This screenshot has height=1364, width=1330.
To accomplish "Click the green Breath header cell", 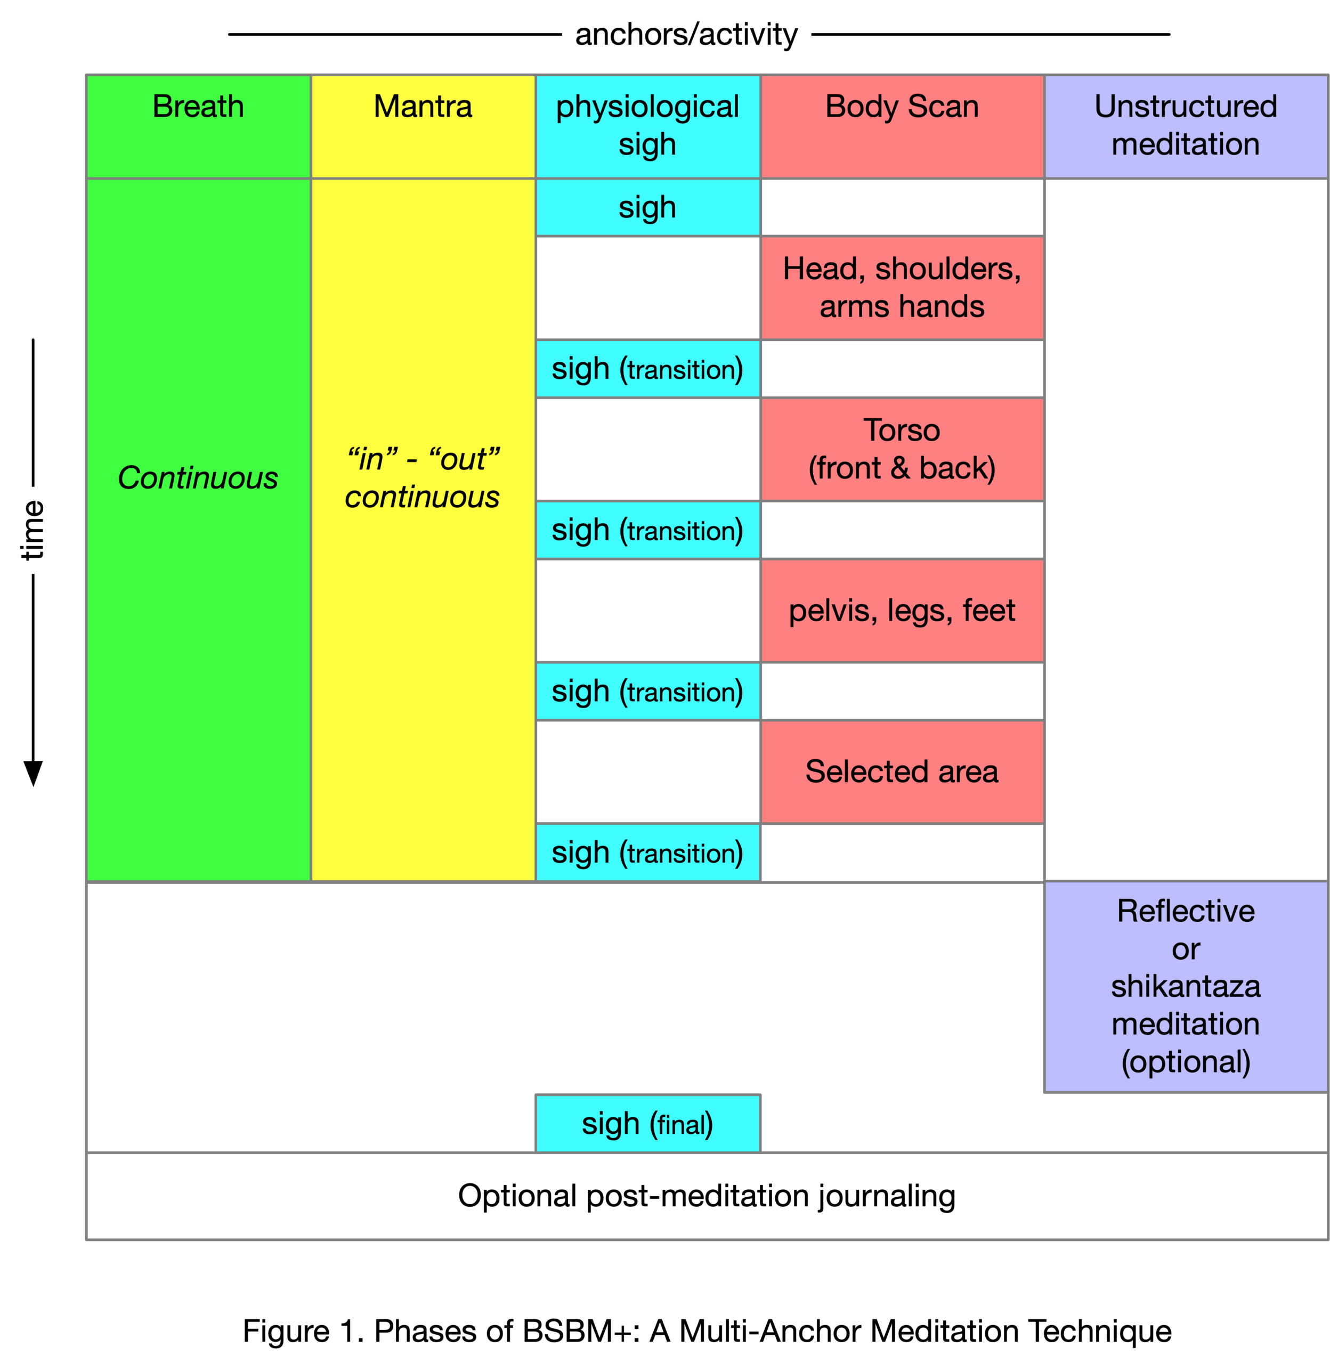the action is [x=198, y=126].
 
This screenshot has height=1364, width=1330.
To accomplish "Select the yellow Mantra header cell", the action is [x=423, y=126].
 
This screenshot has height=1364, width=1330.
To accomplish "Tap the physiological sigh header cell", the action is [x=647, y=126].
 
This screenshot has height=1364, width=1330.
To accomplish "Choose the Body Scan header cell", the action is [x=902, y=126].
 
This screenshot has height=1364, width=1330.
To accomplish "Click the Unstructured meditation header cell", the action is [x=1186, y=126].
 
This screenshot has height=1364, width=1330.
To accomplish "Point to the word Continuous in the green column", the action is [x=198, y=478].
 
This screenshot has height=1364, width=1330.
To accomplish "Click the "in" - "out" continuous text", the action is [x=423, y=478].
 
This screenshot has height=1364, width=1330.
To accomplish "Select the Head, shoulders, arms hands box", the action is [x=902, y=288].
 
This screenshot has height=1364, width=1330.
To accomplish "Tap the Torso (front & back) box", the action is [x=902, y=449].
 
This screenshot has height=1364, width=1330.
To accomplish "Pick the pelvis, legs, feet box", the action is [x=902, y=611].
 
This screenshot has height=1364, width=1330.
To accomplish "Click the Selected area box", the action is [x=902, y=772].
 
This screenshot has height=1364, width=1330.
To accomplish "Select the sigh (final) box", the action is [x=647, y=1123].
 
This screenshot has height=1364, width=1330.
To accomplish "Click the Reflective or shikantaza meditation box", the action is [x=1186, y=987].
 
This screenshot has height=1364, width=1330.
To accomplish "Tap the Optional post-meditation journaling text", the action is [x=706, y=1196].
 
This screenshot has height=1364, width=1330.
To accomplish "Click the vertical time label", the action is [x=32, y=530].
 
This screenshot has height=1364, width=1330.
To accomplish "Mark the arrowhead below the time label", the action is [x=33, y=773].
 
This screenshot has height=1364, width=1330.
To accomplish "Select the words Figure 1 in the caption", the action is [x=299, y=1330].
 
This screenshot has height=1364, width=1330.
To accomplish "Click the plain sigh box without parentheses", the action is [x=647, y=207].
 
